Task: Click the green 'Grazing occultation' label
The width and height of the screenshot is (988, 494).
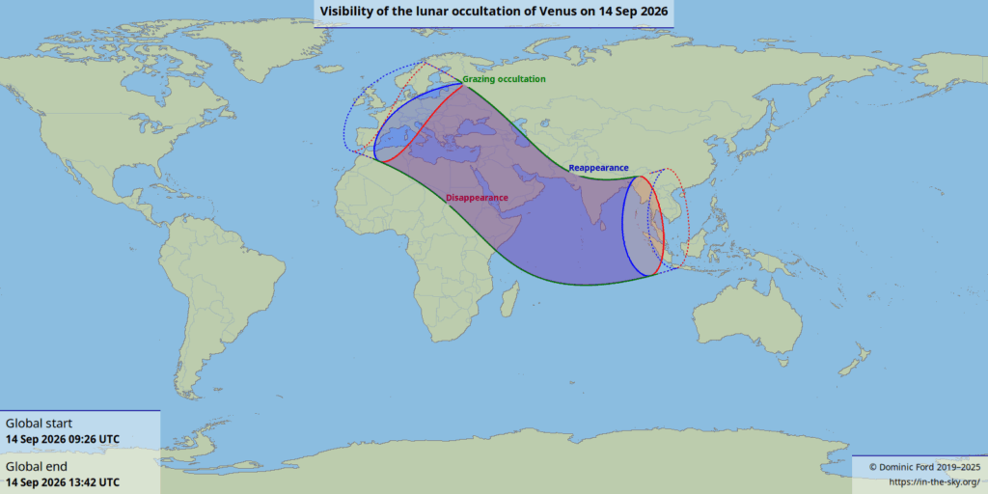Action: [504, 79]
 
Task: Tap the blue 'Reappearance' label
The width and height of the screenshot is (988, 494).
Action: [597, 168]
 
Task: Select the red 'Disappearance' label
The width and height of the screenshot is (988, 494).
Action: [477, 198]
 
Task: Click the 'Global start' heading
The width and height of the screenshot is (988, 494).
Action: [39, 424]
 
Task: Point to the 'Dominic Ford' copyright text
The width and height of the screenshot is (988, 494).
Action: [924, 467]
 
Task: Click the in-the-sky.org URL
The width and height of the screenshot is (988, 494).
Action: [933, 481]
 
